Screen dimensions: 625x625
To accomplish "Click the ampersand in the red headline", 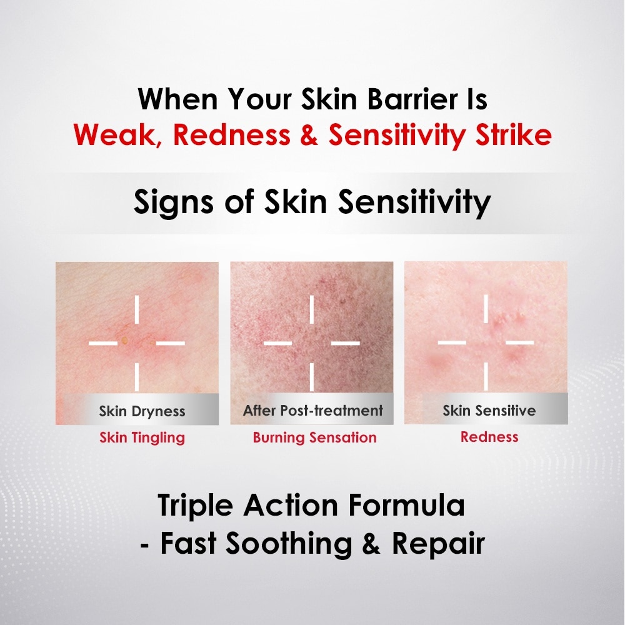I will coord(312,134).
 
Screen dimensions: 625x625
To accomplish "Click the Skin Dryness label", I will coord(142,411).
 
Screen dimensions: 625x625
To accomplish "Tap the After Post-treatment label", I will coord(312,411).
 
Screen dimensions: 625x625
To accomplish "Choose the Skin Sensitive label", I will coord(489,411).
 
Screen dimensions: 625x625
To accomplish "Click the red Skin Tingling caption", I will coord(142,437).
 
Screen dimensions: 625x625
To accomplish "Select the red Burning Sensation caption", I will coord(314,437).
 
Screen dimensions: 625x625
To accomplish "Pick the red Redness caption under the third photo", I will coord(489,436).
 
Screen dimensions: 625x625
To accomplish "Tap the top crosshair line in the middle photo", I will coord(312,310).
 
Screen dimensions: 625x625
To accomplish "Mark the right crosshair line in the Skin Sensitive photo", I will coord(519,342).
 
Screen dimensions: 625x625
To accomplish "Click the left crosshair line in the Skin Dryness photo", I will coord(103,342).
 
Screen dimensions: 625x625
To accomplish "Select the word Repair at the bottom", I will coord(438,544).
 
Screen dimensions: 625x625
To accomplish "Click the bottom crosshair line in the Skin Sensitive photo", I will coord(486,375).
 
